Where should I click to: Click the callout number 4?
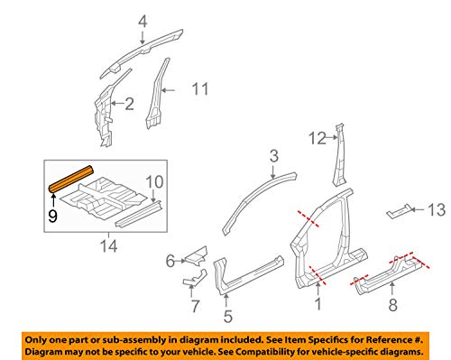coord(142,22)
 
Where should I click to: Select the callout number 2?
coord(128,105)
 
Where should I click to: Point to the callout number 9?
coord(53,216)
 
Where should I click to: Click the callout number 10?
coord(154,180)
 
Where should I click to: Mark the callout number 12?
coord(315,138)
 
